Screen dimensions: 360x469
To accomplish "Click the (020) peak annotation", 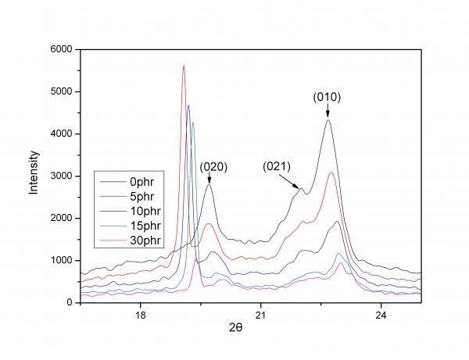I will (213, 166).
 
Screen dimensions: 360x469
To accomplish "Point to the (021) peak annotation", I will (277, 166).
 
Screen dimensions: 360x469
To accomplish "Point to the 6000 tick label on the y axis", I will (60, 49).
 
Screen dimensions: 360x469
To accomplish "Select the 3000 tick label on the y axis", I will (60, 176).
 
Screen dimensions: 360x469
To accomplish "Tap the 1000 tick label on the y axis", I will (60, 260).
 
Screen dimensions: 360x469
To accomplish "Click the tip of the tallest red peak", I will (183, 66).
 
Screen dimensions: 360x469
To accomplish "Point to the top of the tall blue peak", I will (188, 106).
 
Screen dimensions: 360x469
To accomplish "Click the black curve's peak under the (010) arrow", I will (328, 119).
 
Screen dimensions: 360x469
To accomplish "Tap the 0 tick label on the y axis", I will (69, 302).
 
